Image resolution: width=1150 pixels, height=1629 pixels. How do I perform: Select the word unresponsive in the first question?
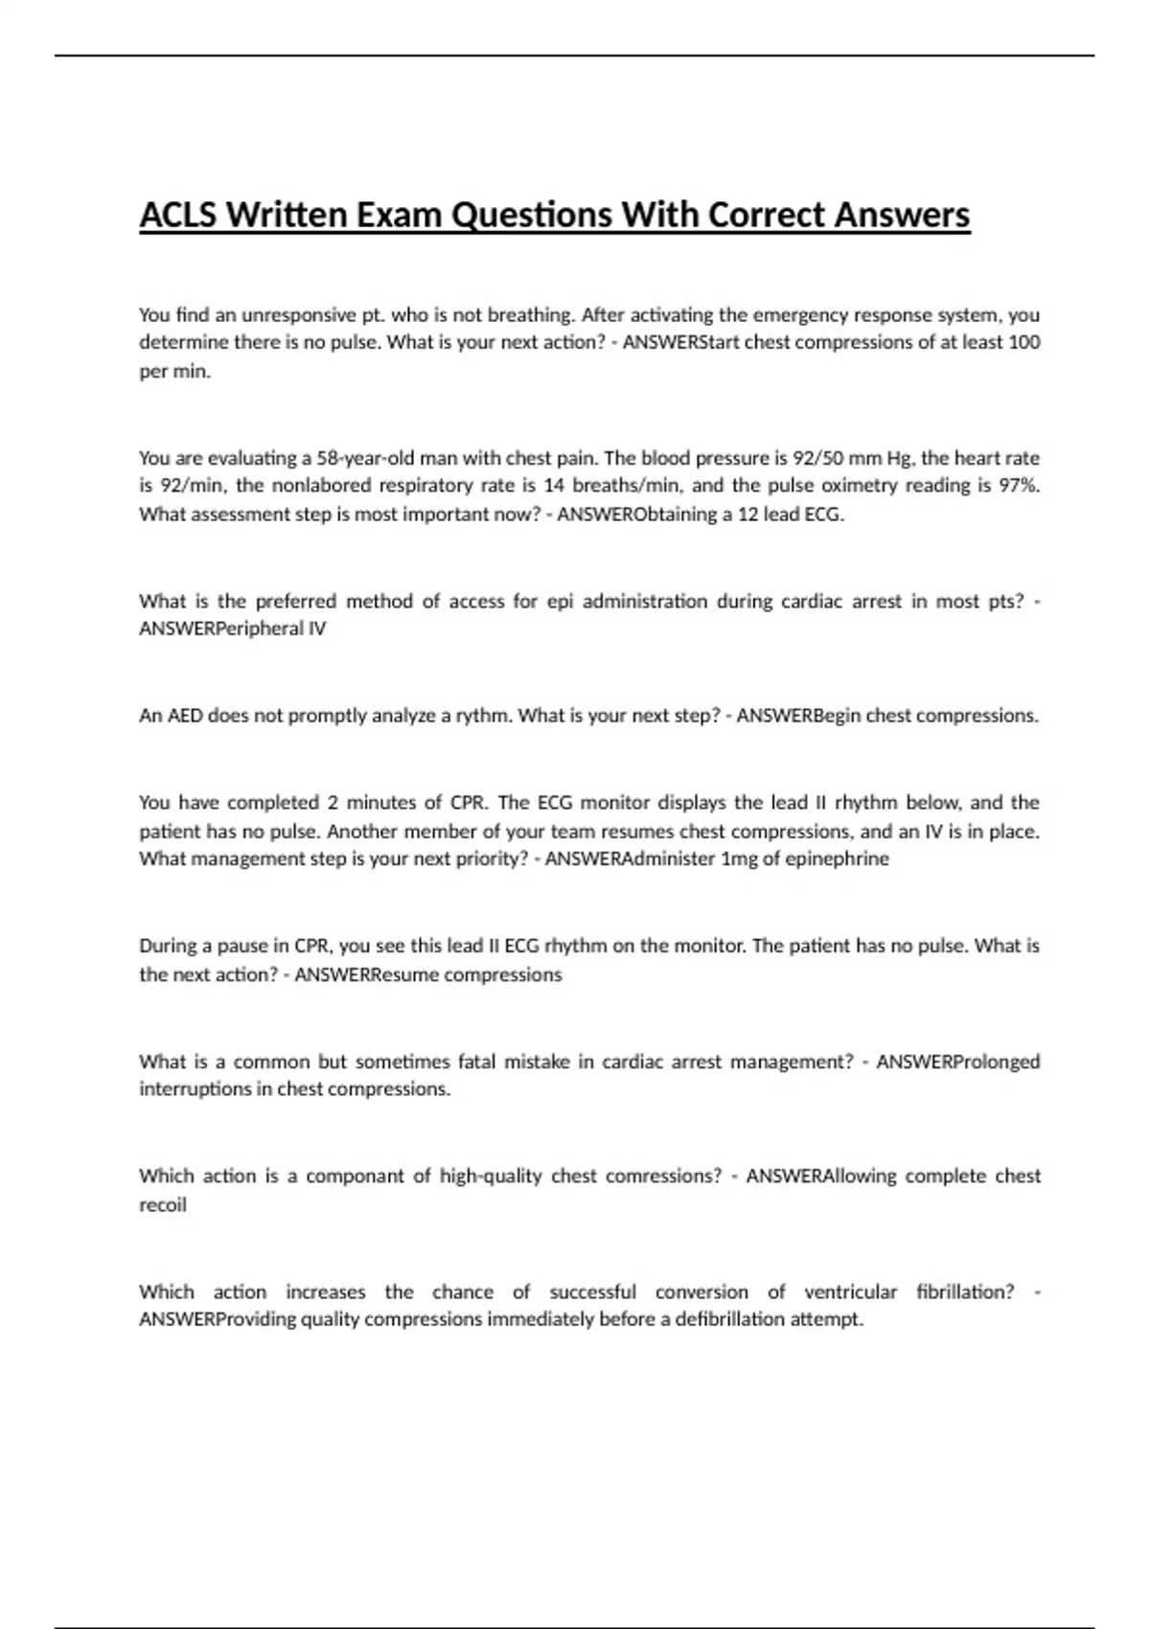tap(298, 315)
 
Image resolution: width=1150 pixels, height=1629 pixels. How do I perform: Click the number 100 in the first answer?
tap(1024, 342)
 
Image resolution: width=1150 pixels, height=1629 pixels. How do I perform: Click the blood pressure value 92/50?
tap(811, 458)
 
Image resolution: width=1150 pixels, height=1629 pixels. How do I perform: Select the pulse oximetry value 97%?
tap(1019, 486)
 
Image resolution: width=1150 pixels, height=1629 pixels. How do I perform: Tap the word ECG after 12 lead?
tap(823, 515)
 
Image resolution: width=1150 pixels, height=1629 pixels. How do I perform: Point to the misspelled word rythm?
tap(484, 716)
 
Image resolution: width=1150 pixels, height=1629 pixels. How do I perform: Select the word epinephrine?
tap(837, 860)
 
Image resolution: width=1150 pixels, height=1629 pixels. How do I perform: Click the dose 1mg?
tap(739, 860)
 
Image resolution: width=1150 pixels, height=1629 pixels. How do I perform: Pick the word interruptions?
tap(195, 1090)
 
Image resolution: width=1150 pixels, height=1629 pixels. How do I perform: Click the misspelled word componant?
tap(355, 1177)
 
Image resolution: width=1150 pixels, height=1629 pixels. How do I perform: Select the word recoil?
tap(163, 1205)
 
